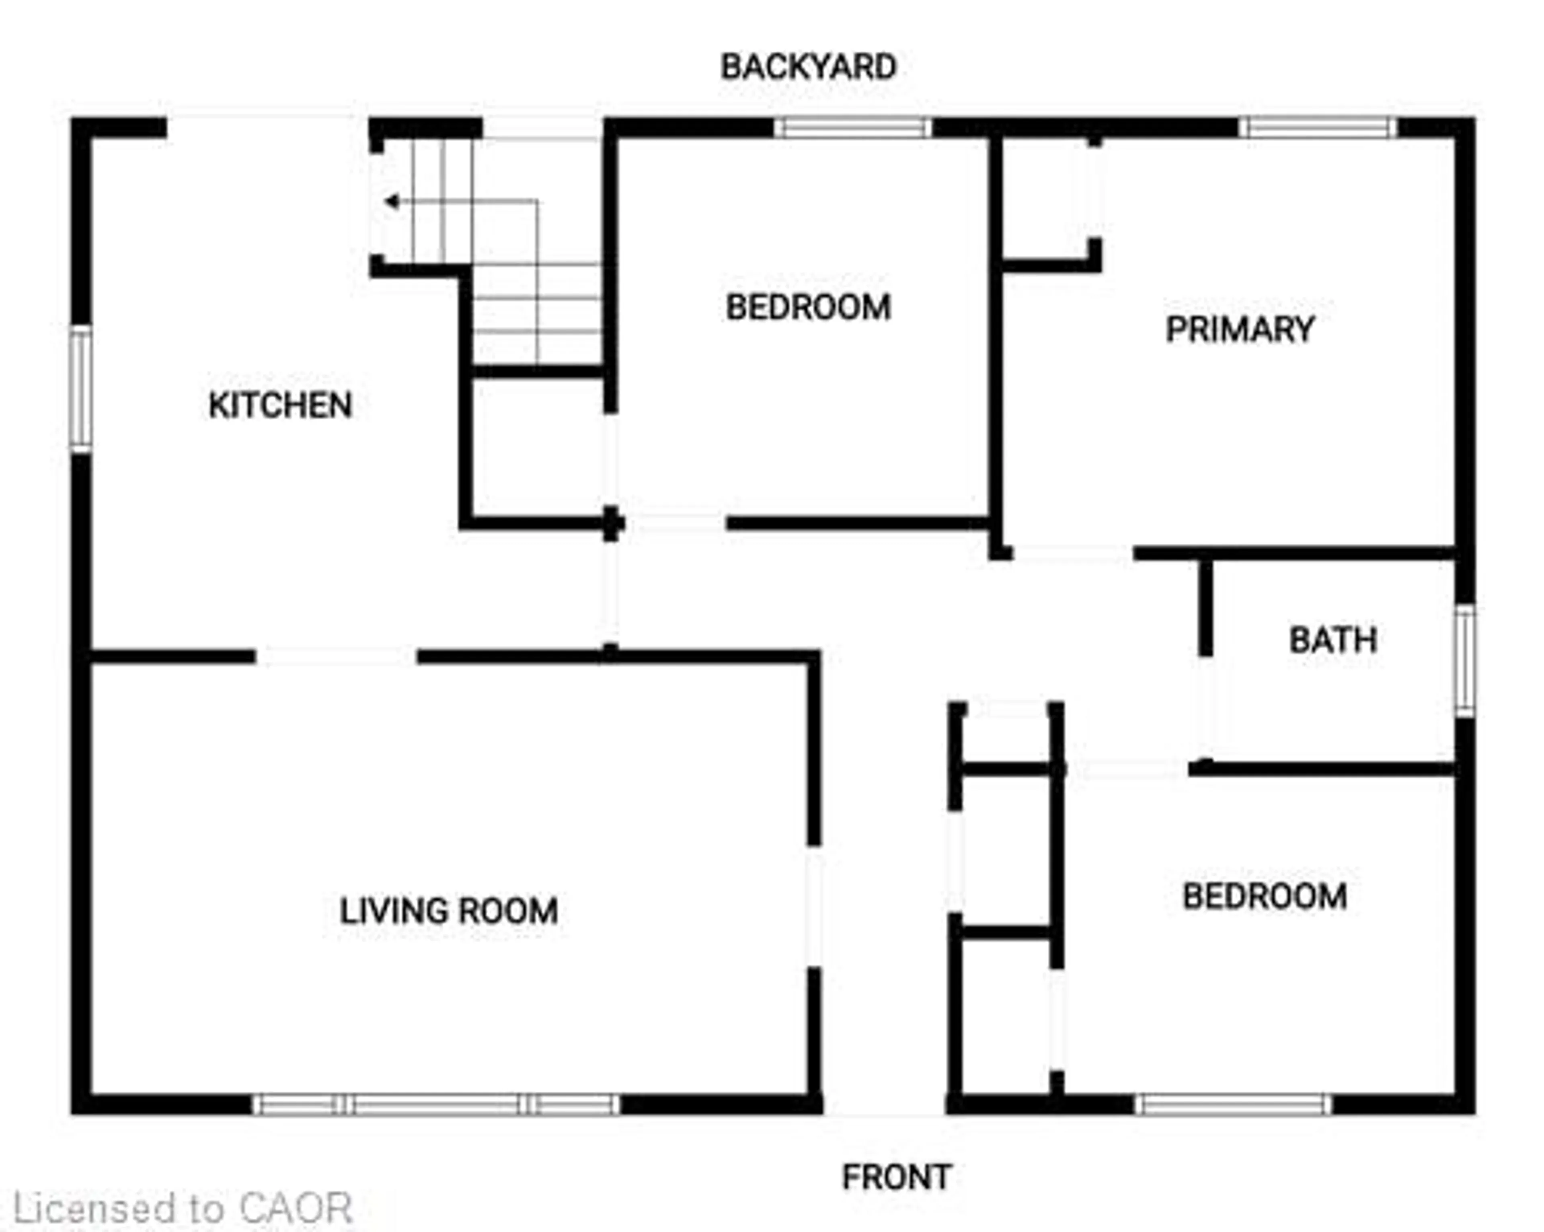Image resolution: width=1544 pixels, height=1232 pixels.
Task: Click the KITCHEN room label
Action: click(280, 405)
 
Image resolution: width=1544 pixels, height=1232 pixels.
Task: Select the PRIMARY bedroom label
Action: click(1240, 329)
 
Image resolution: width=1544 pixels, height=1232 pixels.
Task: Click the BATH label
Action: click(1333, 640)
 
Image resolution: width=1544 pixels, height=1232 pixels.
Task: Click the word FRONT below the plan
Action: click(897, 1177)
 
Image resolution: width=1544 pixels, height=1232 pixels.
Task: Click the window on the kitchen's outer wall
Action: click(81, 389)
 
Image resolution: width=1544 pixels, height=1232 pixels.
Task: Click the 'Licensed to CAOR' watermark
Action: click(183, 1209)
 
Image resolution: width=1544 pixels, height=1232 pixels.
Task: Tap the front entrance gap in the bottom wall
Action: click(885, 1104)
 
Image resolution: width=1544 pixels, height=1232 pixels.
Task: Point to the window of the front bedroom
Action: click(1233, 1104)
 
